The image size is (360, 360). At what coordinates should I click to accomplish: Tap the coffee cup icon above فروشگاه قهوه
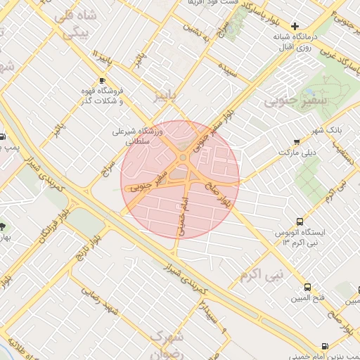click(x=103, y=81)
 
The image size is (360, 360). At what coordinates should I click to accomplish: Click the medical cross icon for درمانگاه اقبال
click(x=295, y=26)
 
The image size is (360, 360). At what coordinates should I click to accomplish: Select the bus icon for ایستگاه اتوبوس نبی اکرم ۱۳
click(x=300, y=221)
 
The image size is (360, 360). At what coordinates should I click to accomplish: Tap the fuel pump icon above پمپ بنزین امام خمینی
click(x=324, y=345)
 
